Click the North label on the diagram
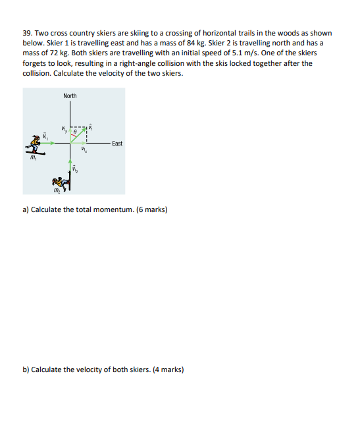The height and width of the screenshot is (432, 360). tap(70, 96)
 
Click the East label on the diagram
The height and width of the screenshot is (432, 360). tap(117, 144)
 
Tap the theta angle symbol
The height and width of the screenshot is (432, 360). tap(74, 132)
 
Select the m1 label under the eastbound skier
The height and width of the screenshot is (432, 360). tap(34, 157)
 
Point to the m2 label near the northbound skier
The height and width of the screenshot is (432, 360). tap(57, 190)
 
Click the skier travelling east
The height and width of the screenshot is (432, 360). tap(35, 145)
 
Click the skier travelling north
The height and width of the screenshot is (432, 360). tap(61, 181)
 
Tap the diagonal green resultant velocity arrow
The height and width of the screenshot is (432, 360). tap(78, 135)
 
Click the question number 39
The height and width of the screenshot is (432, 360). tap(28, 33)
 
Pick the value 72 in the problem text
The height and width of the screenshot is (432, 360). tap(54, 53)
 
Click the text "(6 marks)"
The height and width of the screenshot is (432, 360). tap(152, 209)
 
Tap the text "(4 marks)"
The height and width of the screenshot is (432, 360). tap(168, 369)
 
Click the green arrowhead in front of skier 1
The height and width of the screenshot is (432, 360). tap(53, 143)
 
